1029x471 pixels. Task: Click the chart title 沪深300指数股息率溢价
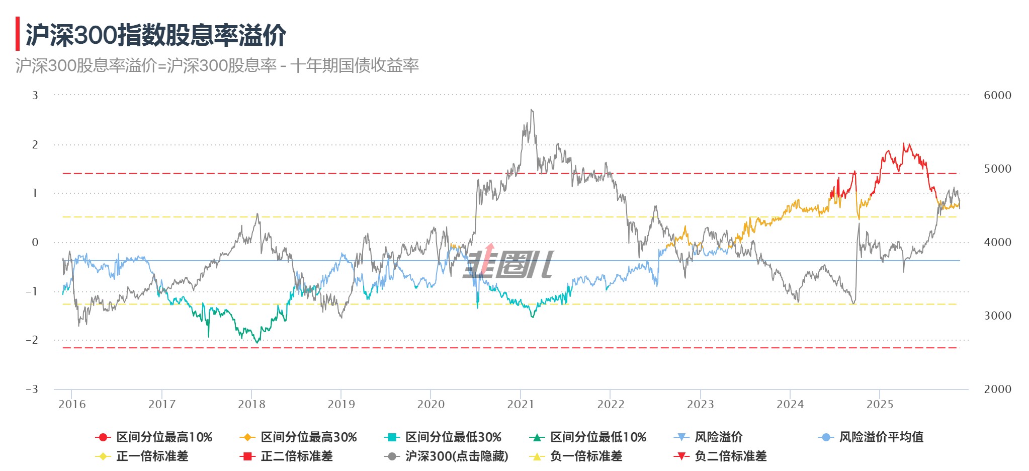[156, 35]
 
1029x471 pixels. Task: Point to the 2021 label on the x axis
[521, 404]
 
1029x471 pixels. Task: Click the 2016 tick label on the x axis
[72, 404]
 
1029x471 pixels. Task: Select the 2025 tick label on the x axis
[880, 404]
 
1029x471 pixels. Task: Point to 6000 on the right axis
[997, 95]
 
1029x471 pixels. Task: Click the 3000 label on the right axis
[997, 316]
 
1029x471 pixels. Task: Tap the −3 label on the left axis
[32, 389]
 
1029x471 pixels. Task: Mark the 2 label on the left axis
[35, 144]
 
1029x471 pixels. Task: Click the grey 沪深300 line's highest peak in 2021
[532, 110]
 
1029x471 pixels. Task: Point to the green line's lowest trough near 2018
[258, 343]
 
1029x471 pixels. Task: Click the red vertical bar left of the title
[18, 34]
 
